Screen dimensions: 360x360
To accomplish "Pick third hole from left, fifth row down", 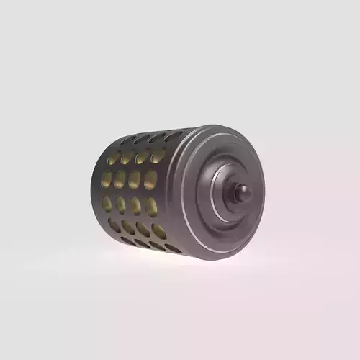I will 143,229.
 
